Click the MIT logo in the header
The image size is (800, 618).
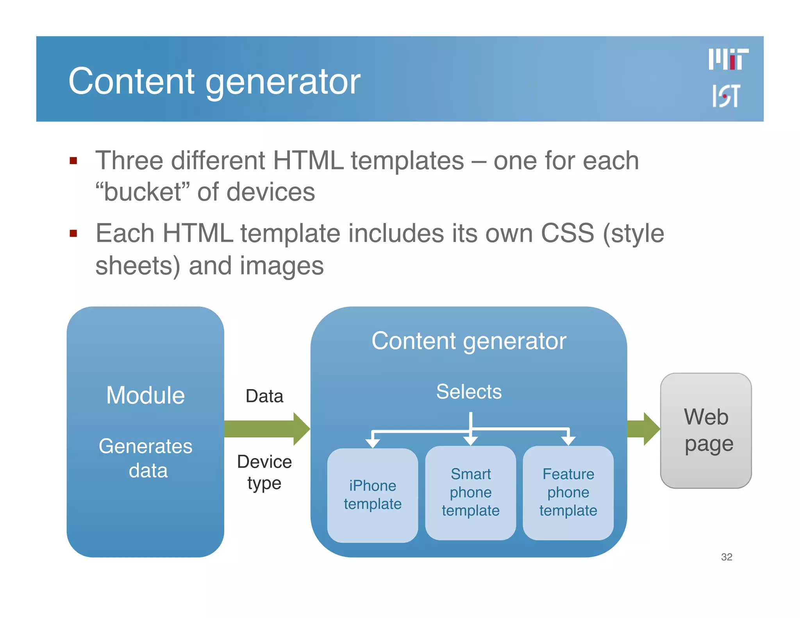pyautogui.click(x=729, y=59)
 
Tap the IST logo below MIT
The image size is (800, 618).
pyautogui.click(x=726, y=96)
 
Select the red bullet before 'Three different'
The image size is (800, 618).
pyautogui.click(x=73, y=161)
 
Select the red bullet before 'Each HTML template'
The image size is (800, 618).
pyautogui.click(x=73, y=234)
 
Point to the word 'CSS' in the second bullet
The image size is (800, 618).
pyautogui.click(x=567, y=234)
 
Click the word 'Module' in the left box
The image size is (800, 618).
pyautogui.click(x=145, y=395)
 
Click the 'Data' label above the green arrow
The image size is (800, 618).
pyautogui.click(x=264, y=396)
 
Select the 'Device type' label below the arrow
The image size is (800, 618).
pyautogui.click(x=264, y=472)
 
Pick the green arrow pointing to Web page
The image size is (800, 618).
pyautogui.click(x=643, y=429)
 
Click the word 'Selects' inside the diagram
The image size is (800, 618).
pyautogui.click(x=469, y=391)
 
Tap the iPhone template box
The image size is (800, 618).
pyautogui.click(x=373, y=495)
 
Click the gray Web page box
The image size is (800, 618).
pyautogui.click(x=706, y=430)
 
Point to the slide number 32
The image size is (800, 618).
pyautogui.click(x=727, y=557)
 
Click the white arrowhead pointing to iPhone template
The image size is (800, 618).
pyautogui.click(x=373, y=443)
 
